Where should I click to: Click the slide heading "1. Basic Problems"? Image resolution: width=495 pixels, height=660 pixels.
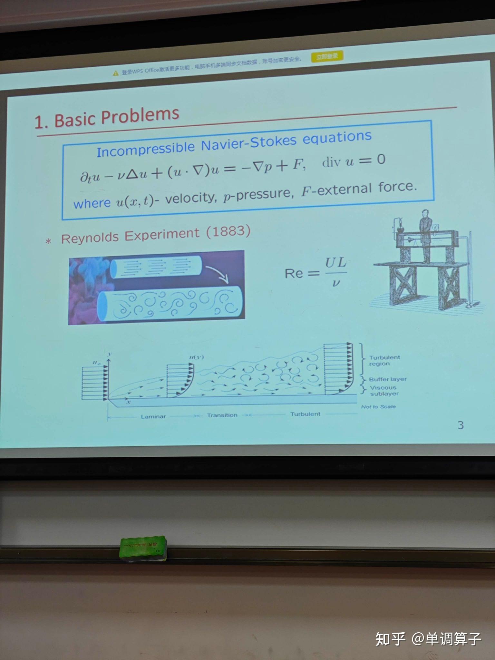pyautogui.click(x=107, y=118)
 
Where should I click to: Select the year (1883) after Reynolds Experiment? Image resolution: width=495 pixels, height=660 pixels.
pyautogui.click(x=228, y=231)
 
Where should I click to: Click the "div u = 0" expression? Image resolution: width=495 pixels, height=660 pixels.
pyautogui.click(x=354, y=160)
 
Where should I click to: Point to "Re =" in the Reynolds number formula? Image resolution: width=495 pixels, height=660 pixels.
pyautogui.click(x=301, y=274)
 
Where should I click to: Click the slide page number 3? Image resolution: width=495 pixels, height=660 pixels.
pyautogui.click(x=461, y=425)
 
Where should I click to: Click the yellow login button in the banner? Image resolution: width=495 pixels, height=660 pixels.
pyautogui.click(x=327, y=57)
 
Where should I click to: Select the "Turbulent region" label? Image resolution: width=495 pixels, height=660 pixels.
pyautogui.click(x=384, y=361)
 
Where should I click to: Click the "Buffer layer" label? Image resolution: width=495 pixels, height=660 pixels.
pyautogui.click(x=388, y=379)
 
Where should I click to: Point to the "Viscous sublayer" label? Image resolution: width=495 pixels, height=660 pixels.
pyautogui.click(x=384, y=391)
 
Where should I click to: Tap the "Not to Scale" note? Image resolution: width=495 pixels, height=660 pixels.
pyautogui.click(x=378, y=407)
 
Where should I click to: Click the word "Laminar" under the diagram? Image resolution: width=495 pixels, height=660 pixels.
pyautogui.click(x=153, y=416)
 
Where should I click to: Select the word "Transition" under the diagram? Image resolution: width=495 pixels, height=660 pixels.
pyautogui.click(x=222, y=415)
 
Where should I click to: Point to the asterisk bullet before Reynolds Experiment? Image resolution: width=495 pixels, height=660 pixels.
pyautogui.click(x=48, y=241)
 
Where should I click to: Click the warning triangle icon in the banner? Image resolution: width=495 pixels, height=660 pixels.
pyautogui.click(x=116, y=73)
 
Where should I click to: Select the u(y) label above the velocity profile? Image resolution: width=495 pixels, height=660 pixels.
pyautogui.click(x=196, y=357)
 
